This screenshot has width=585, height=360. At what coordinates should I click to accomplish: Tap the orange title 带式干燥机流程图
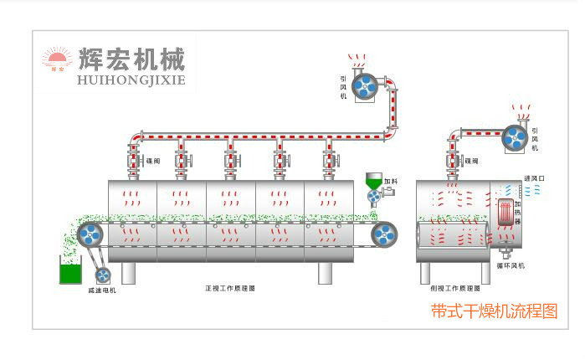coord(494,311)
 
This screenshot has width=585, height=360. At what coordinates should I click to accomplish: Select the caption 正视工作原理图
coord(229,287)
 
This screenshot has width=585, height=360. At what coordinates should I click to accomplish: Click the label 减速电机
coord(101,290)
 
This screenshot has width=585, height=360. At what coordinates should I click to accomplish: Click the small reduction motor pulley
coord(102,274)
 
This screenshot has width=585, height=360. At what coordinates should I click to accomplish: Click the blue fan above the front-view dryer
coord(365,85)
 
